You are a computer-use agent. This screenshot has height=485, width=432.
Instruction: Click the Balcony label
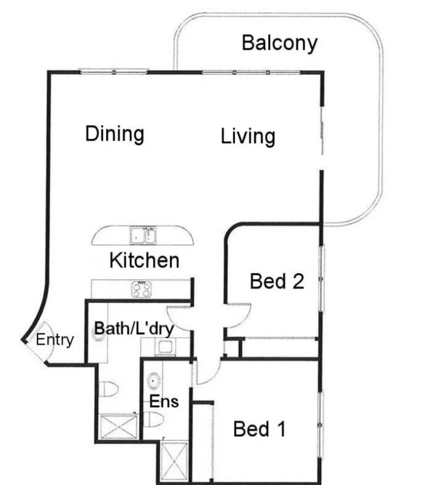[x=279, y=43]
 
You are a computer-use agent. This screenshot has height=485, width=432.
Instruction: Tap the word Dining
[x=114, y=134]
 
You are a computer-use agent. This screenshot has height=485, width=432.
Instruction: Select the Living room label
[x=247, y=137]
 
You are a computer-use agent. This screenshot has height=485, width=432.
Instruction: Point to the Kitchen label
[x=144, y=260]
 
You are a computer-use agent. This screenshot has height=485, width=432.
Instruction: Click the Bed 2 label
[x=276, y=282]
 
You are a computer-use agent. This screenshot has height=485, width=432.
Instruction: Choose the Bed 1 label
[x=259, y=429]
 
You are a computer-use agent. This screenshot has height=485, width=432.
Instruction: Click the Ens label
[x=165, y=401]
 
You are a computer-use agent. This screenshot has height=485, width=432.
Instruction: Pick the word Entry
[x=55, y=340]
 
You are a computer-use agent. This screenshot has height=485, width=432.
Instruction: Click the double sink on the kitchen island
[x=144, y=236]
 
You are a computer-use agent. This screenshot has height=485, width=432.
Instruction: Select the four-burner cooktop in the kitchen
[x=142, y=289]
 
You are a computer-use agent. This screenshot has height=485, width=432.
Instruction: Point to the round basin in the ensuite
[x=155, y=380]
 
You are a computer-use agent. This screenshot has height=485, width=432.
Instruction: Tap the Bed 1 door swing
[x=208, y=372]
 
